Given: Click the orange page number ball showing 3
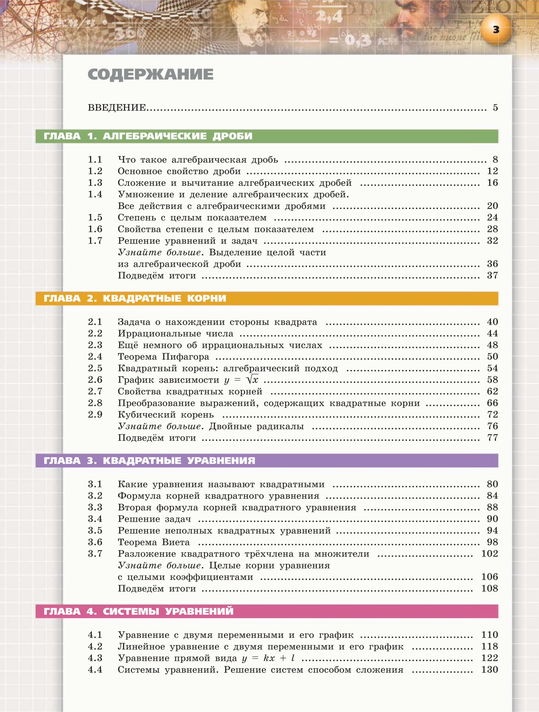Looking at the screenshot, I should click(x=496, y=30).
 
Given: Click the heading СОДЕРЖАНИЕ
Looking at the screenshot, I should click(x=150, y=74).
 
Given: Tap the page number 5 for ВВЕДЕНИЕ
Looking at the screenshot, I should click(x=495, y=108).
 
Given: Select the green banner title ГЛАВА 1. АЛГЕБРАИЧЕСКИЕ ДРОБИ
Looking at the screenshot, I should click(x=148, y=136).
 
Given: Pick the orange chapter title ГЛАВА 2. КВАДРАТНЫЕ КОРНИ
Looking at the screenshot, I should click(x=135, y=298).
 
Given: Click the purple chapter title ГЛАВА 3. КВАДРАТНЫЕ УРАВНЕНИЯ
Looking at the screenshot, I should click(x=149, y=461).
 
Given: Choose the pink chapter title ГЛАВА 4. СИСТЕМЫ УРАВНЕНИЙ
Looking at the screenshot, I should click(x=138, y=611).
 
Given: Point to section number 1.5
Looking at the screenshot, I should click(x=95, y=218).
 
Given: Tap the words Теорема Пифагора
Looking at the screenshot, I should click(x=163, y=357).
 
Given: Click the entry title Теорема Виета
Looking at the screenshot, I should click(x=153, y=542).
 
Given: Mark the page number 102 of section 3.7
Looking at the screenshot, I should click(x=489, y=554).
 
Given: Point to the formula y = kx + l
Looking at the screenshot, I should click(x=268, y=658).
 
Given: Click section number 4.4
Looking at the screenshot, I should click(x=95, y=669).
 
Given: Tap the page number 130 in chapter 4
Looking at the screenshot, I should click(x=489, y=669).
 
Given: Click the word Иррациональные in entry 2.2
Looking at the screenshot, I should click(x=159, y=333).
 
